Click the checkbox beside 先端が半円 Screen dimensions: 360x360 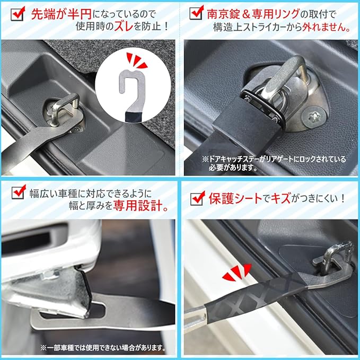[x=18, y=14]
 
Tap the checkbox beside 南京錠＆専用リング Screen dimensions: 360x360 [x=197, y=13]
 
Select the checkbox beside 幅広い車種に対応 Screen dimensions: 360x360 [x=19, y=192]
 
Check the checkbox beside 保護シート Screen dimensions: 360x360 [x=198, y=198]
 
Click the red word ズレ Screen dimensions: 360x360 [x=124, y=27]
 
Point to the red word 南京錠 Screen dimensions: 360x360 [x=222, y=14]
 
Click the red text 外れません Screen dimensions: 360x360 [x=326, y=28]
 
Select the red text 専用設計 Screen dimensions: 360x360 [x=141, y=206]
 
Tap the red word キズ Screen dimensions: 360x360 [x=281, y=198]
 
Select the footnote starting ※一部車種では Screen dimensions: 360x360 [x=103, y=348]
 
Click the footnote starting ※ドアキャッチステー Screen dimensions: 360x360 [x=274, y=163]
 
